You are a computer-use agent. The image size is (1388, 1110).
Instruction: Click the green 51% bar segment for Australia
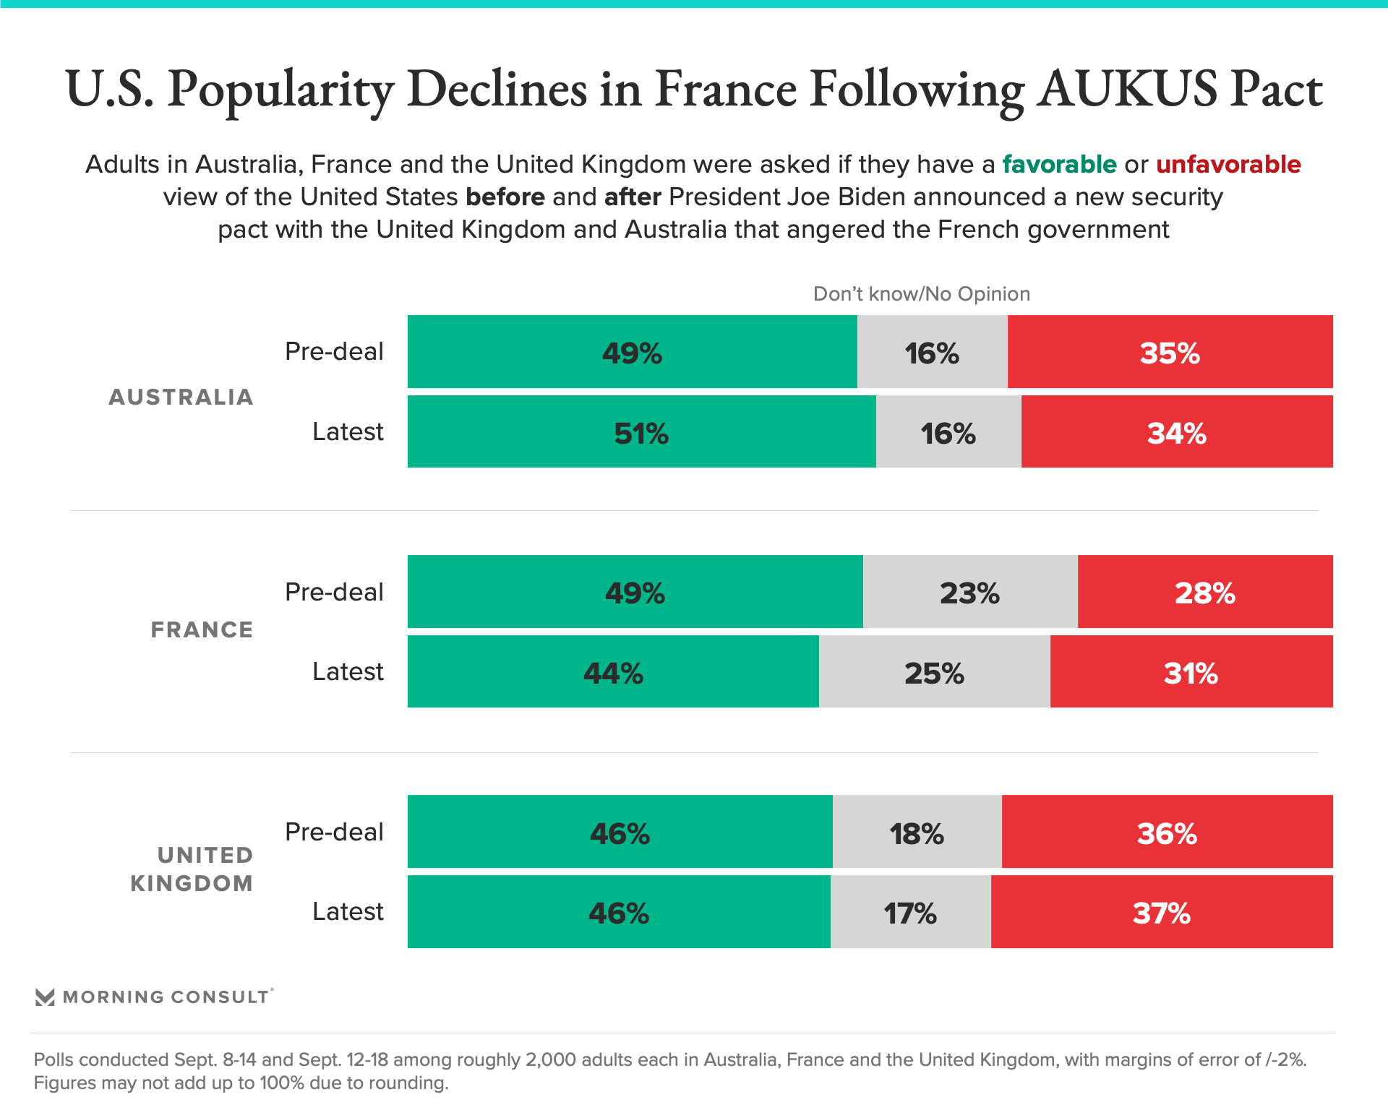[641, 431]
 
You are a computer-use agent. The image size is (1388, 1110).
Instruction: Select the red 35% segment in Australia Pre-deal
[1170, 352]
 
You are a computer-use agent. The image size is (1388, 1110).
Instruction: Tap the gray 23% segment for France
[969, 592]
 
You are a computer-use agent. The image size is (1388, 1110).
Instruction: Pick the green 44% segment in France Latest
[613, 671]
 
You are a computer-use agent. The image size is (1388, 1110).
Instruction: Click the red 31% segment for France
[1191, 671]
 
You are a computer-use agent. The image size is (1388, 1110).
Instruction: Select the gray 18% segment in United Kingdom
[917, 832]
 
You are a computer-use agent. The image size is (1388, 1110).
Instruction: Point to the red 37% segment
[1161, 912]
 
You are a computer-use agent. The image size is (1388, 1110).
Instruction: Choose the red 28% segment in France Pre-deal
[1204, 592]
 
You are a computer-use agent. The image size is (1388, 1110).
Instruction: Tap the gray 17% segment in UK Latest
[910, 912]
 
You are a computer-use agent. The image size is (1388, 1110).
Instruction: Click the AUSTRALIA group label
[181, 397]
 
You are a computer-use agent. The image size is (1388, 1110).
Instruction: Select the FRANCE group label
[202, 629]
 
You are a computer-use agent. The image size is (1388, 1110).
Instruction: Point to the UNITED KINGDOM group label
[192, 869]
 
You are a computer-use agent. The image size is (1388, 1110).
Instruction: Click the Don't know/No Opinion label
[921, 293]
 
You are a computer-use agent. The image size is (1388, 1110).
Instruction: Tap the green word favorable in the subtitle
[1059, 165]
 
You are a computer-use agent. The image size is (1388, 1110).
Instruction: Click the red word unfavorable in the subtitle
[1228, 165]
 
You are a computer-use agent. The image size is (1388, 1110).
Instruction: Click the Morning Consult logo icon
[45, 997]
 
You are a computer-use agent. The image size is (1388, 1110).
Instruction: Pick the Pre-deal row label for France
[334, 592]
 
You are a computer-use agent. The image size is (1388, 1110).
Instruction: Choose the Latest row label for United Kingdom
[348, 912]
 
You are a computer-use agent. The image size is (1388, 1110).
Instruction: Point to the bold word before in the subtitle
[505, 197]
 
